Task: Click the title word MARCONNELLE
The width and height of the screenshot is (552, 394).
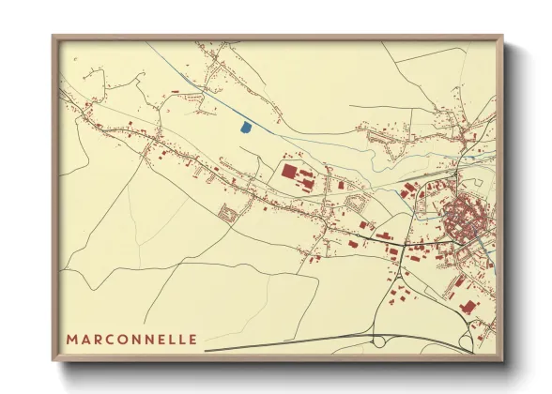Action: pos(131,339)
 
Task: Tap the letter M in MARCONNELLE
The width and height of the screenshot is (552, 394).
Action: pos(72,339)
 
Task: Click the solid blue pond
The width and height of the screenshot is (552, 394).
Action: pos(246,126)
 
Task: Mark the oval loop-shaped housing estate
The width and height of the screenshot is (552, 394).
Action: pos(357,201)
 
